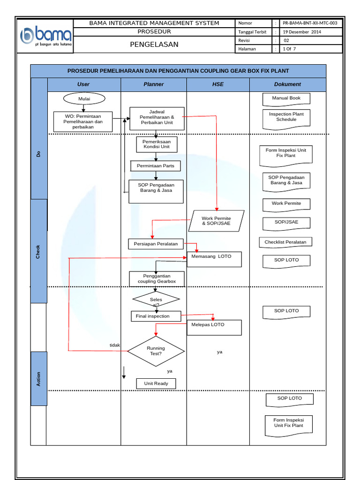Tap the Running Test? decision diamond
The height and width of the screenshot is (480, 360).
tap(156, 351)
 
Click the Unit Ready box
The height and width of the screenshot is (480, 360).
tap(156, 383)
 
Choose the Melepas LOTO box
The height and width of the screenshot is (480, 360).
tap(215, 327)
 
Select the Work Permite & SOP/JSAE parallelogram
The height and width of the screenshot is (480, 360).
tap(216, 221)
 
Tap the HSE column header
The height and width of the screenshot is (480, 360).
tap(217, 84)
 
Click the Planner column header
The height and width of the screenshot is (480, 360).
tap(154, 84)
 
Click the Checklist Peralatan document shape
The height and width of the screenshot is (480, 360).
tap(285, 242)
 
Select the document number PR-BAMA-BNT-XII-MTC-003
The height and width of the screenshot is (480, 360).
tap(310, 23)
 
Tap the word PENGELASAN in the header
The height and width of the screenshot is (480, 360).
tap(154, 45)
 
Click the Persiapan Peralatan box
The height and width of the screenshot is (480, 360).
tap(156, 244)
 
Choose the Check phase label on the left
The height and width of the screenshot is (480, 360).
tap(38, 252)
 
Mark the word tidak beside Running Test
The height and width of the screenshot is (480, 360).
tap(115, 345)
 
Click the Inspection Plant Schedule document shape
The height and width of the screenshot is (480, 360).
tap(286, 118)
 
